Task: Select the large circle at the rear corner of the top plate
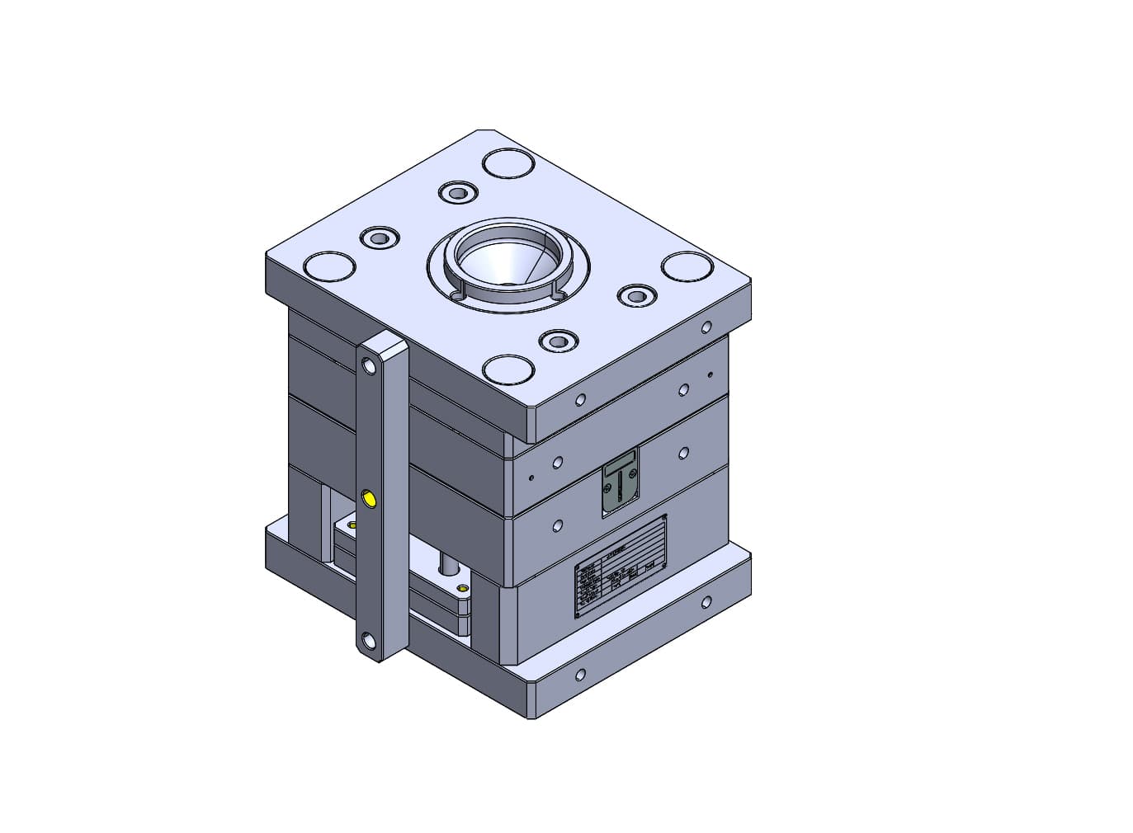click(x=507, y=162)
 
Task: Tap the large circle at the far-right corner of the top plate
click(x=687, y=266)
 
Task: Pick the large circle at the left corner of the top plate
click(x=329, y=266)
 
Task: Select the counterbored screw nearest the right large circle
click(x=635, y=294)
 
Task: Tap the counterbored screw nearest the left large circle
click(x=379, y=238)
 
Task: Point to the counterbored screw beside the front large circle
click(x=557, y=340)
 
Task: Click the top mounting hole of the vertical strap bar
click(x=367, y=363)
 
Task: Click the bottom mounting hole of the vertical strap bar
click(x=367, y=640)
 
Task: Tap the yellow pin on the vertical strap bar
click(x=369, y=497)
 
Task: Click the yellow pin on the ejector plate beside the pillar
click(x=462, y=588)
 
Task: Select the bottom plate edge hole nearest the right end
click(x=706, y=602)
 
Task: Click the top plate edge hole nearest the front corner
click(x=580, y=400)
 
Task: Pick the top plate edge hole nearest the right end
click(x=706, y=327)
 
